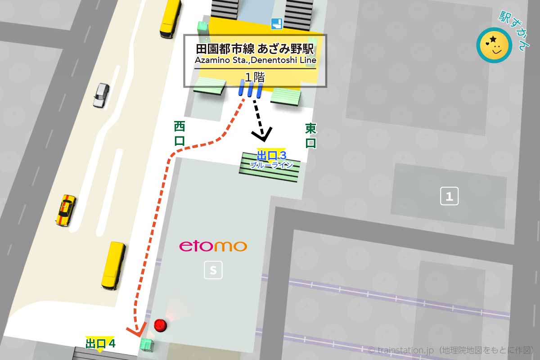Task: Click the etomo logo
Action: tap(213, 246)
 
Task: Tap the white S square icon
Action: tap(213, 270)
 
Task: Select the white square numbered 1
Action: tap(449, 196)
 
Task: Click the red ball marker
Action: tap(160, 325)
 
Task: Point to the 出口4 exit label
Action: tap(100, 343)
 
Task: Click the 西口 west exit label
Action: tap(180, 133)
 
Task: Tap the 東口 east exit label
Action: tap(310, 135)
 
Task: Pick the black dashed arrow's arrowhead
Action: tap(262, 134)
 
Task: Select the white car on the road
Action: tap(101, 94)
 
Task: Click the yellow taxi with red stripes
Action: tap(66, 210)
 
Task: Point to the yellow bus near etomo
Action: tap(113, 265)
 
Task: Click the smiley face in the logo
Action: tap(494, 45)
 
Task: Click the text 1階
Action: tap(254, 77)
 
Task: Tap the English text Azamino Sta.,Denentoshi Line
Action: tap(255, 60)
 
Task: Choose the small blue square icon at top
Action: tap(276, 24)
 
